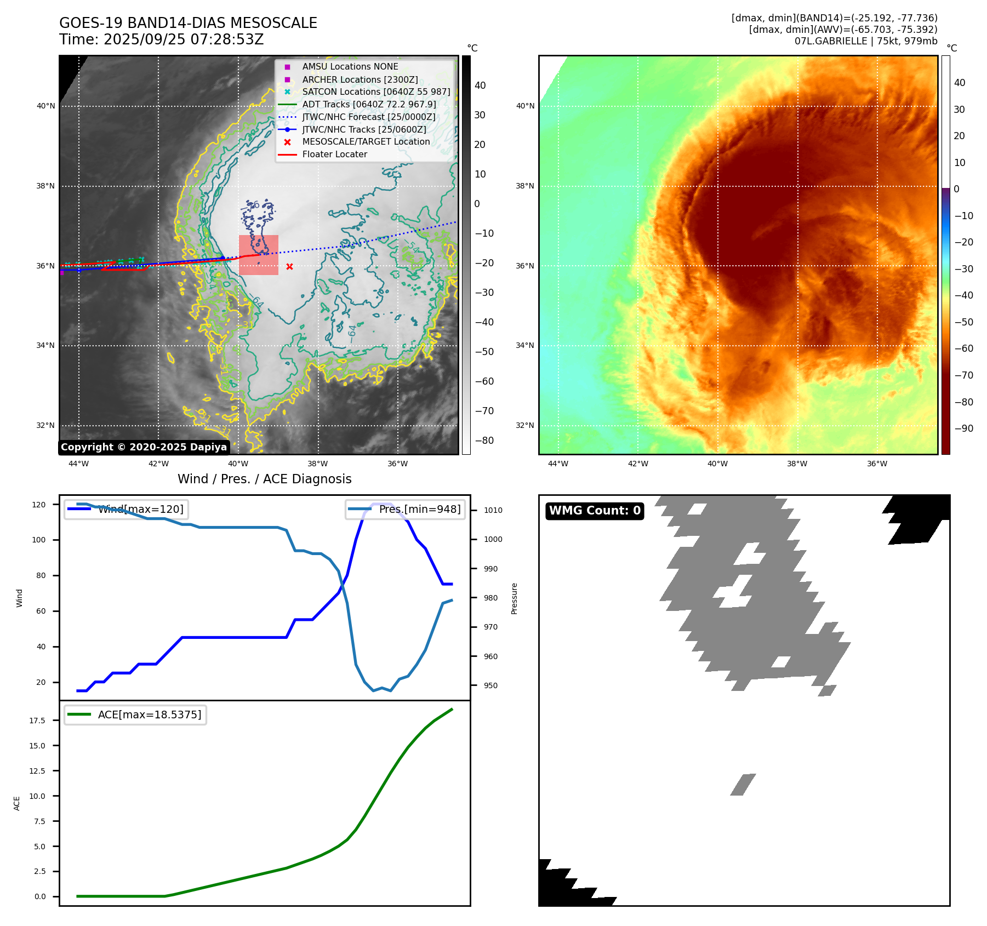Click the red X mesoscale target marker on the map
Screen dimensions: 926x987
pos(289,267)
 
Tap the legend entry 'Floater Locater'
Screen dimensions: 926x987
pos(334,155)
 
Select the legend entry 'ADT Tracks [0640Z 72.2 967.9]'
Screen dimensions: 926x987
pos(369,104)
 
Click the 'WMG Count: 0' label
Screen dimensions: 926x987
pos(595,511)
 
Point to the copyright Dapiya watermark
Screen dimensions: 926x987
pos(144,447)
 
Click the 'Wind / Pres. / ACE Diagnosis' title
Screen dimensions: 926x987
pos(264,479)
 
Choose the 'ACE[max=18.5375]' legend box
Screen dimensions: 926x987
pos(135,714)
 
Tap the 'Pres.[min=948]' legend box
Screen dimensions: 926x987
pos(406,509)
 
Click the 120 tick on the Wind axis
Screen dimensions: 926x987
pos(39,505)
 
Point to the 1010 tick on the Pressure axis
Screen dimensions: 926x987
pos(493,510)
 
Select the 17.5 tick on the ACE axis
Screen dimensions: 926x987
pos(37,721)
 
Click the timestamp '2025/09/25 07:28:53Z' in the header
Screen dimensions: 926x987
pos(184,39)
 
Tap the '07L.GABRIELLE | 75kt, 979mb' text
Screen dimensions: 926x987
pos(866,41)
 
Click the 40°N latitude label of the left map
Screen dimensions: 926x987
pos(45,106)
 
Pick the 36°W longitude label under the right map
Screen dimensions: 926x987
pos(877,464)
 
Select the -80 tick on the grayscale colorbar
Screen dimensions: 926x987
pos(484,441)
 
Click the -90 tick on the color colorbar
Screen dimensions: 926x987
pos(963,428)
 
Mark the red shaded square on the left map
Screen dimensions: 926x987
pos(259,255)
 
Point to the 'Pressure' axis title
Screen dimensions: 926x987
pos(514,598)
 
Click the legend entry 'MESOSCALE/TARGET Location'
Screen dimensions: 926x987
pos(366,142)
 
